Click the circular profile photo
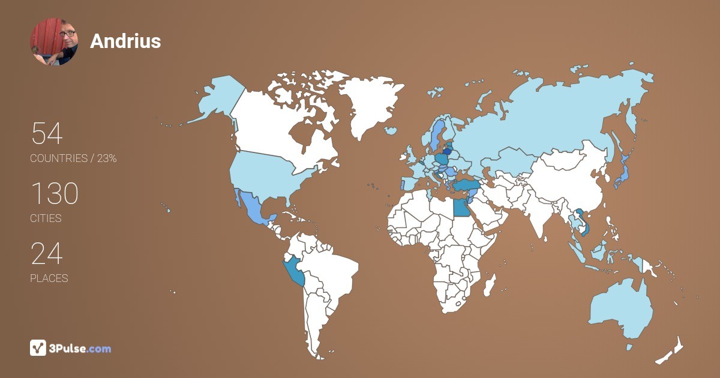click(54, 41)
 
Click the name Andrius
click(125, 41)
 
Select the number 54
click(46, 134)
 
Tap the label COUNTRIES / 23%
click(73, 158)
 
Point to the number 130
click(54, 194)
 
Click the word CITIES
click(46, 218)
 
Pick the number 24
click(46, 254)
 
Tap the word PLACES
click(49, 278)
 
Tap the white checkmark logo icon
click(38, 348)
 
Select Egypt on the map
click(461, 208)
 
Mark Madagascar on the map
click(491, 284)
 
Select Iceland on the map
click(391, 130)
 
